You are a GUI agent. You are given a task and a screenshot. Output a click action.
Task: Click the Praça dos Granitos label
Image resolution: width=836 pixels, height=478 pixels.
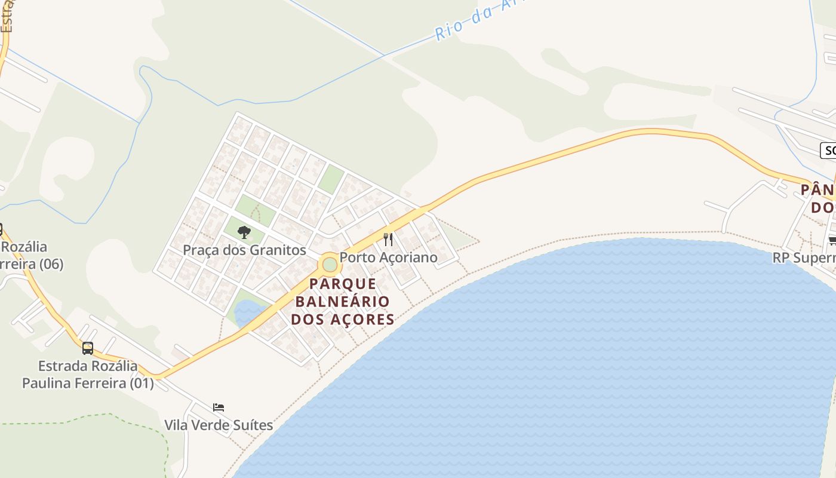(244, 250)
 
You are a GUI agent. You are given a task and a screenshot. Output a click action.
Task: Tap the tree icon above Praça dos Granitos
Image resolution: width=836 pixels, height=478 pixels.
(244, 232)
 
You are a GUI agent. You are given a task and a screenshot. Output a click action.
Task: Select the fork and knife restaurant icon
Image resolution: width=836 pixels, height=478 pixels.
(388, 240)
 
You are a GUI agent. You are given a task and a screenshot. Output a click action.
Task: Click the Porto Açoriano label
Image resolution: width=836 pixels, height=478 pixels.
(389, 258)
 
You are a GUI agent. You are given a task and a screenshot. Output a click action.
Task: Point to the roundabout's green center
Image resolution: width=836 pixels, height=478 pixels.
(329, 263)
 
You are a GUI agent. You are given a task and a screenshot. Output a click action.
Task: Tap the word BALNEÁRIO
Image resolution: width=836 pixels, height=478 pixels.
(343, 301)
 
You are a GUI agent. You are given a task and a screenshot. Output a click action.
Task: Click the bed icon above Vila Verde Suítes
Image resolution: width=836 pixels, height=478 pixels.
(219, 407)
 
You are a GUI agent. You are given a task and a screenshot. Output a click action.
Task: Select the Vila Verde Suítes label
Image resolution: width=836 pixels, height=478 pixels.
(219, 425)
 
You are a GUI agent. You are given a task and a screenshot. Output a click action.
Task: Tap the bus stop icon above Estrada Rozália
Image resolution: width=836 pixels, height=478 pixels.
(88, 348)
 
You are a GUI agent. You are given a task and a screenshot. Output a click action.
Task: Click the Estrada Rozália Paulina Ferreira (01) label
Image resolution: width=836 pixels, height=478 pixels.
(88, 375)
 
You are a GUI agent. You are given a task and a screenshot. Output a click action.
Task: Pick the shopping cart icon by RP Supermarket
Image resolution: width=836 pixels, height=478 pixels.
(832, 240)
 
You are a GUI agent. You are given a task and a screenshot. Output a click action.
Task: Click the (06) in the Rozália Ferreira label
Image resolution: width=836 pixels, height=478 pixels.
(50, 263)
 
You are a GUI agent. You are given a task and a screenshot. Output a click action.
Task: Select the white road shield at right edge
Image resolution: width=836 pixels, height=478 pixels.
(829, 151)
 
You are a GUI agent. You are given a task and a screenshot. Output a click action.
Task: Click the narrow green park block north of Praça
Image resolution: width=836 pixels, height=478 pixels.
(331, 179)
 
